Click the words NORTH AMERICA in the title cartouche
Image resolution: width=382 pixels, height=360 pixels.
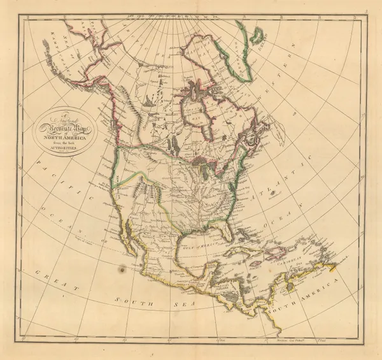67,136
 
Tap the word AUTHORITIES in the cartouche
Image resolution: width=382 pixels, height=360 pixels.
67,147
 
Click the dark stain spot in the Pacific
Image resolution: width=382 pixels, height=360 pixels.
122,270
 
